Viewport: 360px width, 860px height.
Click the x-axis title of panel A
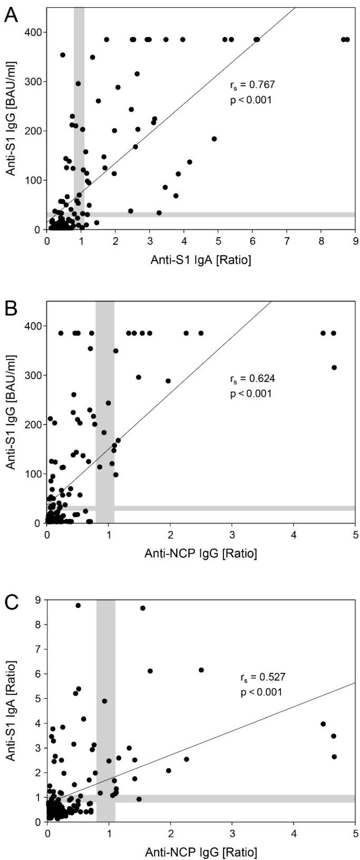click(x=201, y=259)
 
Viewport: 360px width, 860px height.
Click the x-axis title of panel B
click(x=201, y=553)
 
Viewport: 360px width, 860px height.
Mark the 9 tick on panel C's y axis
click(x=37, y=600)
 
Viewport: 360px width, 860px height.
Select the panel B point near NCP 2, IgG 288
click(x=168, y=381)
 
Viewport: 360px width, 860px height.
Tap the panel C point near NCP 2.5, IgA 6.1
click(x=201, y=670)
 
